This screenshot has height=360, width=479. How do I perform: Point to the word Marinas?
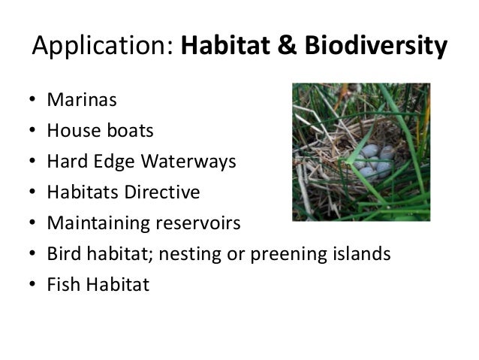point(76,101)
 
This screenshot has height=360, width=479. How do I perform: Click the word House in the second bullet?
point(68,132)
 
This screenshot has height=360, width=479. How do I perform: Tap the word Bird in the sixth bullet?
point(63,254)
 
